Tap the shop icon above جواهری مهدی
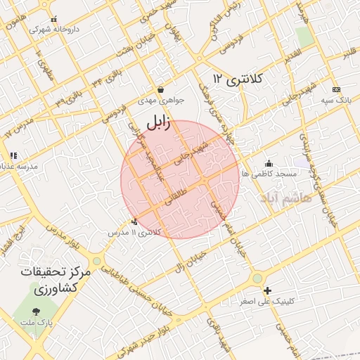click(x=161, y=90)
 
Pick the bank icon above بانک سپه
click(x=336, y=89)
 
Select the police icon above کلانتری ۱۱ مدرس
click(x=134, y=221)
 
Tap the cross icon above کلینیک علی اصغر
click(x=267, y=291)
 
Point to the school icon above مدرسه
click(x=13, y=155)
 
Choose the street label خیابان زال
click(x=190, y=262)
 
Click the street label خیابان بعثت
click(x=133, y=41)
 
